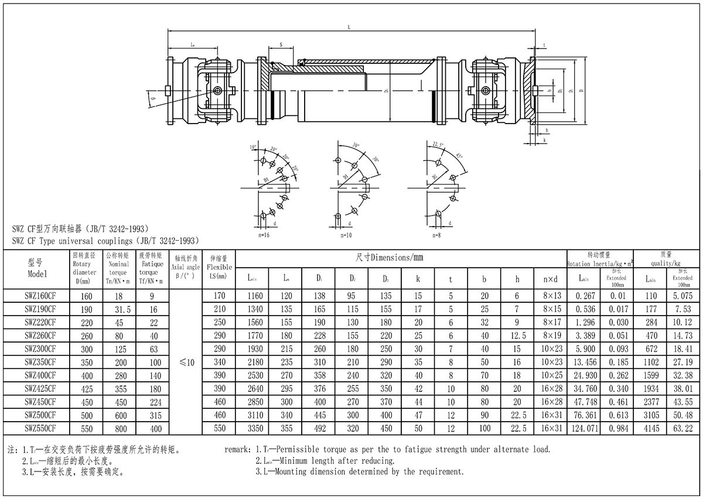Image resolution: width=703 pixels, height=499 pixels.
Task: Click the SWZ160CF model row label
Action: coord(40,296)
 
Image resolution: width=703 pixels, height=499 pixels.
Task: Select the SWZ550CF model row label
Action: coord(40,429)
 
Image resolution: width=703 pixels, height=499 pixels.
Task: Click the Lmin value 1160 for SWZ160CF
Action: coord(255,296)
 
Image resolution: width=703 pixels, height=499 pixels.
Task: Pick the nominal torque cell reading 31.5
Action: coord(118,309)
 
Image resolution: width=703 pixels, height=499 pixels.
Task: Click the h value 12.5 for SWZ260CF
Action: coord(516,336)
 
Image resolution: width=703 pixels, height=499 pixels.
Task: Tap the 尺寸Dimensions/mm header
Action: coord(389,258)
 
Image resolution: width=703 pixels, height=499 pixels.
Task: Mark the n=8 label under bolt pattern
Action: coord(436,235)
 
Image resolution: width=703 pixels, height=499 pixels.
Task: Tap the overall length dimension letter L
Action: coord(349,27)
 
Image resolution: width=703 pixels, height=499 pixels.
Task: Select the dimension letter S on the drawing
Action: coord(281,45)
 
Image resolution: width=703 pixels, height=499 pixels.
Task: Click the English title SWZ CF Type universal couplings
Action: coord(105,240)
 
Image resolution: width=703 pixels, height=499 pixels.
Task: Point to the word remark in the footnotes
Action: coord(238,450)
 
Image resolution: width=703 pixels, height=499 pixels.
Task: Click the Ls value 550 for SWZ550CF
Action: coord(219,429)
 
